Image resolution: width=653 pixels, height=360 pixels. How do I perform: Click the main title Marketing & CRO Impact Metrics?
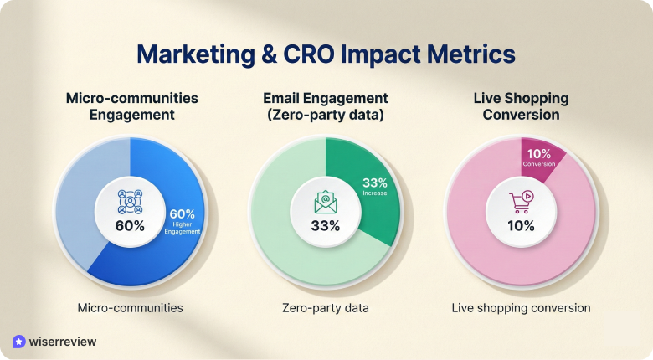(x=326, y=54)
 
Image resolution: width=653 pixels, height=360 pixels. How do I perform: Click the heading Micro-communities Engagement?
(x=131, y=106)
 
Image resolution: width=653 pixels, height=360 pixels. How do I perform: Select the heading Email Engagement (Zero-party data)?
(x=326, y=106)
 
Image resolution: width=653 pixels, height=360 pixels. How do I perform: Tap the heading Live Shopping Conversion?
(x=521, y=106)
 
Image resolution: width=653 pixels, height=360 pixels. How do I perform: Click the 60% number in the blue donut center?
(x=130, y=225)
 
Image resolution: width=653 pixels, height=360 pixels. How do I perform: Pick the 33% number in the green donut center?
(x=326, y=225)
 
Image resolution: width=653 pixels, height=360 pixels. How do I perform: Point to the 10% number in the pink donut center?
(x=521, y=225)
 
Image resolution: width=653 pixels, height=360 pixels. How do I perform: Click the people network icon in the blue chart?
(x=130, y=201)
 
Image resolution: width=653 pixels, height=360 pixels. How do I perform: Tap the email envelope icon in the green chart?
(x=326, y=201)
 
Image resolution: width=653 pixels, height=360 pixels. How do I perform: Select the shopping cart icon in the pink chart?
(x=521, y=202)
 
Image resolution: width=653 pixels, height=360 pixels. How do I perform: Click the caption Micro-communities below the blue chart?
(x=130, y=308)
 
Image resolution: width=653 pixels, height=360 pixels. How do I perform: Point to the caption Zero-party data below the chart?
(x=326, y=308)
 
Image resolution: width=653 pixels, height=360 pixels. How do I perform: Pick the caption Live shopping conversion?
(x=521, y=308)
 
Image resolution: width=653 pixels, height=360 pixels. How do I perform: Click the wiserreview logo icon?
(x=19, y=342)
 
